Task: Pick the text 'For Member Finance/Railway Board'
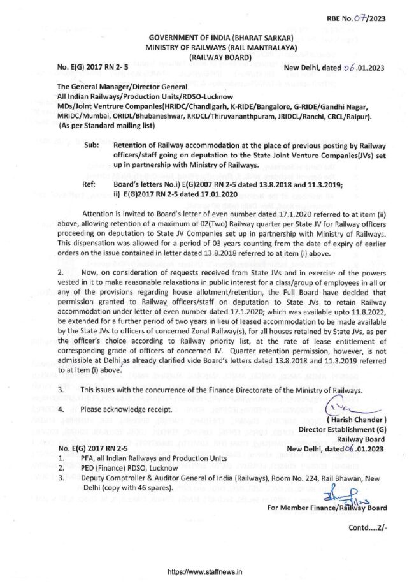pos(327,508)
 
